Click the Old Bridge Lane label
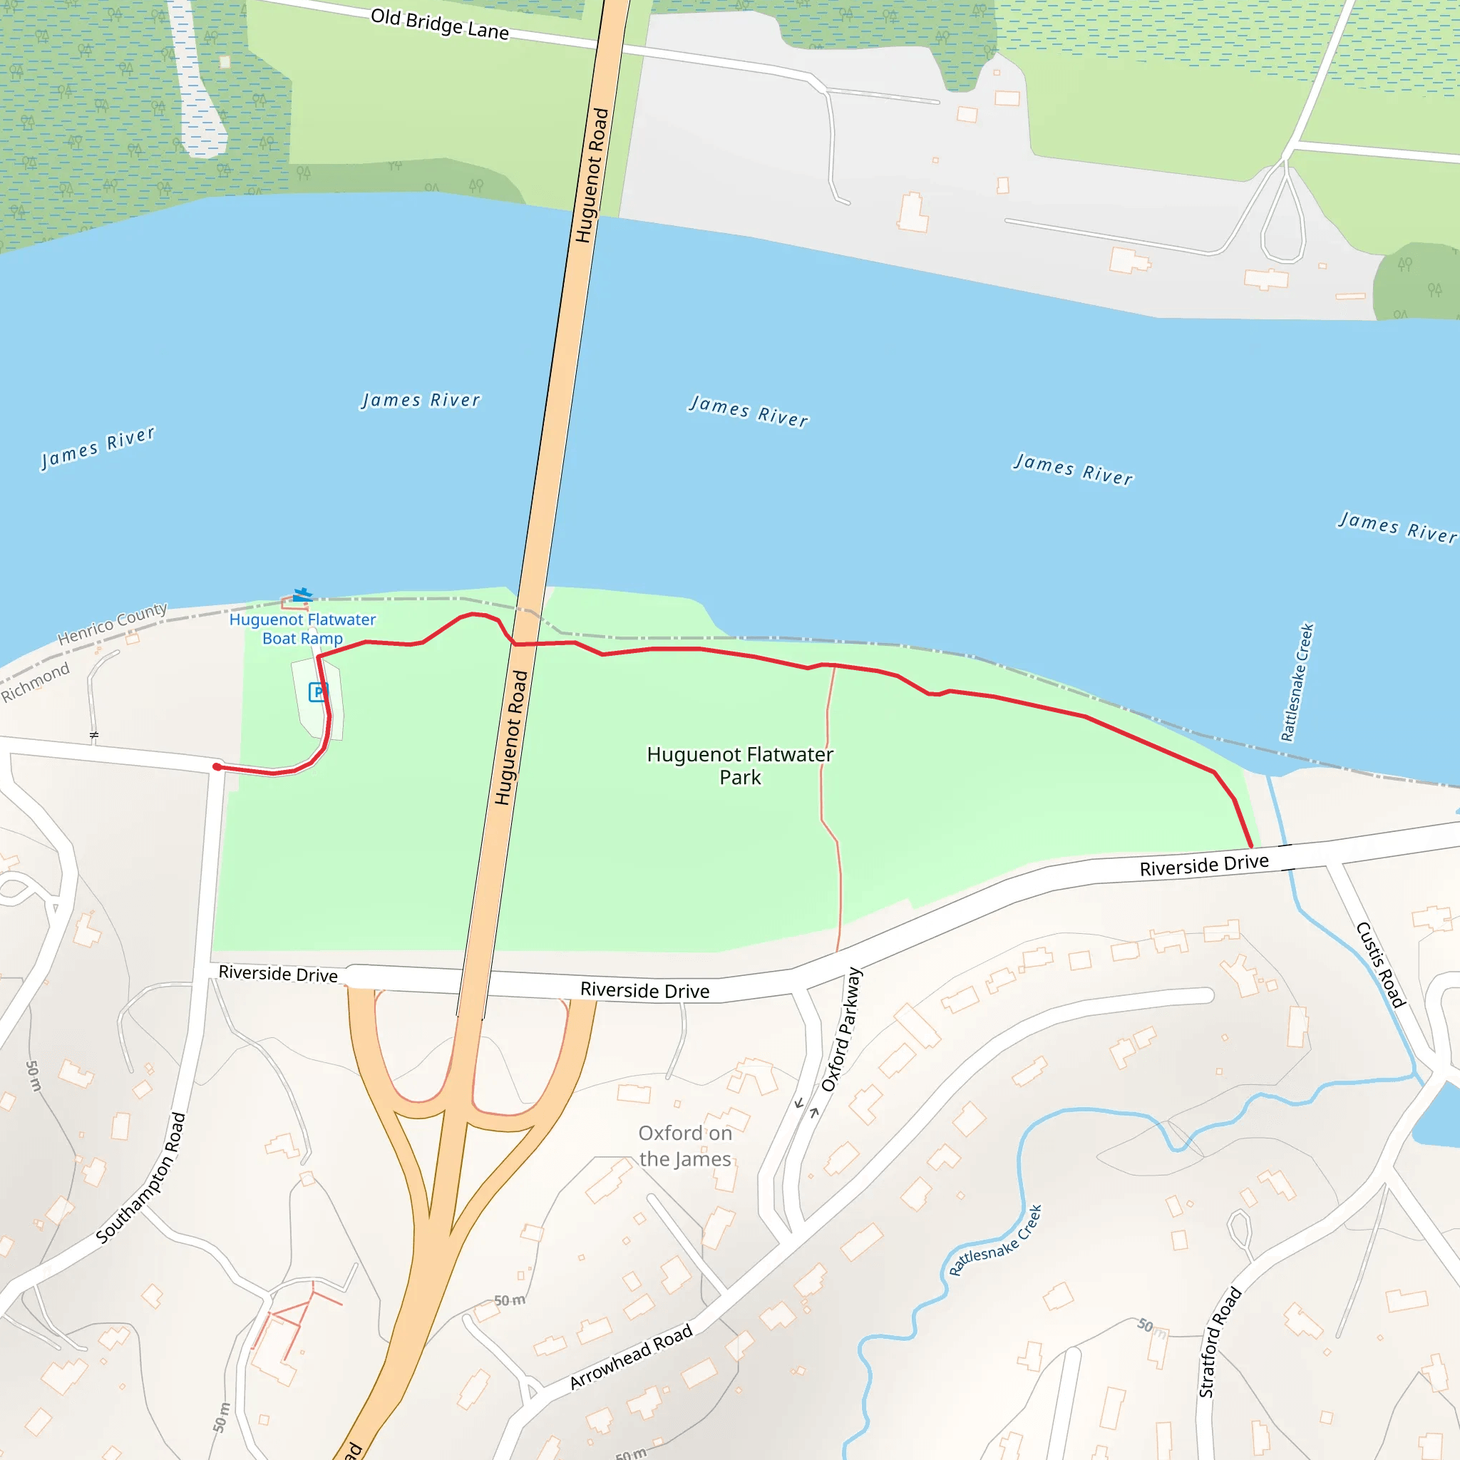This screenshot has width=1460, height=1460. [x=439, y=24]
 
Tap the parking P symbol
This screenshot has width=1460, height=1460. [x=318, y=691]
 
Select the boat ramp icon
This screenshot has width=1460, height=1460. [x=302, y=595]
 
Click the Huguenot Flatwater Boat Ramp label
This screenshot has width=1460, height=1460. [x=302, y=629]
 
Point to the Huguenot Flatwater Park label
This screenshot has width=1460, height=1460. [x=740, y=766]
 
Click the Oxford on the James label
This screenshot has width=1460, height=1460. [x=684, y=1146]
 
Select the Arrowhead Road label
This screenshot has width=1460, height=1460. [x=630, y=1356]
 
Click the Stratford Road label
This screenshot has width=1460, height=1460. [x=1220, y=1342]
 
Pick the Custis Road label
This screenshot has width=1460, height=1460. [x=1380, y=965]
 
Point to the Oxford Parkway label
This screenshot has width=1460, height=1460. [x=841, y=1029]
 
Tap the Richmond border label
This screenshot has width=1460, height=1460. [x=35, y=681]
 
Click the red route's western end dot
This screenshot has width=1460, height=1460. [x=217, y=767]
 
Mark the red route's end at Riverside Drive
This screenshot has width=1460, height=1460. [x=1250, y=846]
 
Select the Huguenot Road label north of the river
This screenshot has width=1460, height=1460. [x=592, y=175]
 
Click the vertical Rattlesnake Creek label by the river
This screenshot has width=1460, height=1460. [x=1297, y=682]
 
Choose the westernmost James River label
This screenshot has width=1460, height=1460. [x=98, y=448]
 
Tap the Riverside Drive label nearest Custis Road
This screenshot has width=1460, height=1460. [x=1204, y=865]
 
